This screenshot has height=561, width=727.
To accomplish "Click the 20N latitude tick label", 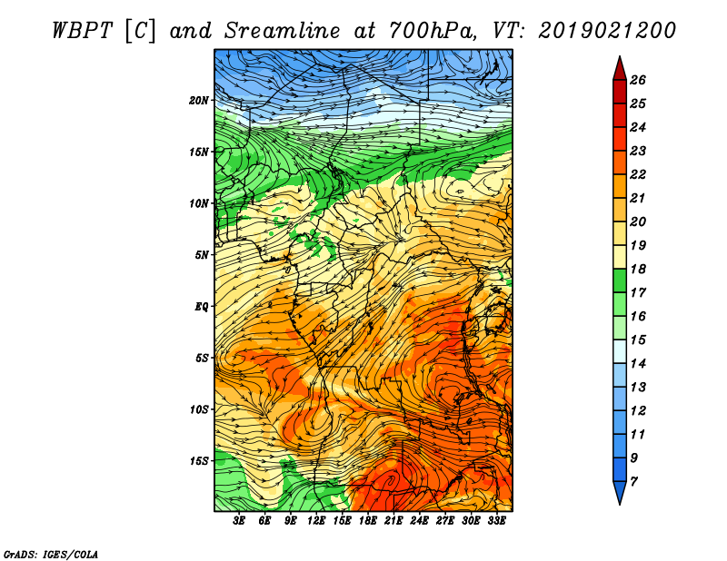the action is pos(199,100).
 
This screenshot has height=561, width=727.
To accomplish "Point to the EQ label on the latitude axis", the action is pos(201,306).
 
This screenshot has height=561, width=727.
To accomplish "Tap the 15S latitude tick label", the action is pos(199,461).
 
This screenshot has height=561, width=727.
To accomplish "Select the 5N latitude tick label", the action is pos(202,255).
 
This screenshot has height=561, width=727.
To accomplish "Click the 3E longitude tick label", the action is pos(239,521).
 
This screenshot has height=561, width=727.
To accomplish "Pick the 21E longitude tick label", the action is pos(393,521).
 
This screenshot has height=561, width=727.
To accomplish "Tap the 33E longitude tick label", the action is pos(496,521).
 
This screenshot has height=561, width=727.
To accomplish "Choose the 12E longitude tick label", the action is pos(315,521).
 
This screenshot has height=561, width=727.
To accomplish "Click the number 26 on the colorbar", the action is pos(638,80).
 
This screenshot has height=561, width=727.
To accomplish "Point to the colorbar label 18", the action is pos(638,269).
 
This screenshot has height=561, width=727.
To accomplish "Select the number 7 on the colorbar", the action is pos(633,482).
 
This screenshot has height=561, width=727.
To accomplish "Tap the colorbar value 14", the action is pos(638,364).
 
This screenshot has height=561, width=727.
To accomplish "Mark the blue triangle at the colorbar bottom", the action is pos(620,491).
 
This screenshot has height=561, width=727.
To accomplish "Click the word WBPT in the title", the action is pos(82,31).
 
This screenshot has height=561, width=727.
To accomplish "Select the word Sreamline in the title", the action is pos(283,31).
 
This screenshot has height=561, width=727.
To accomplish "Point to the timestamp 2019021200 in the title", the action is pos(607,31).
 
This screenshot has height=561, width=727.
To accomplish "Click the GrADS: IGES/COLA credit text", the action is pos(51,554).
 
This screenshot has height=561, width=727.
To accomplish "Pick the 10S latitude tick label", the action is pos(199,409).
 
